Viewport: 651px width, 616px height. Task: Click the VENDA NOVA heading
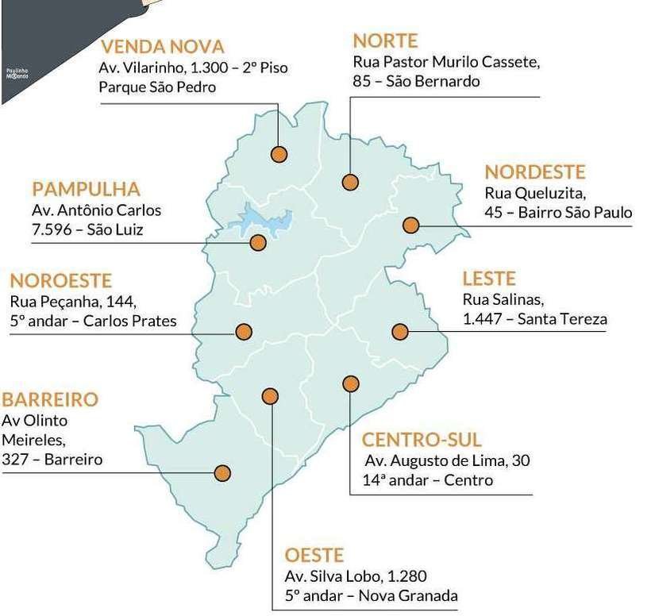coord(162,47)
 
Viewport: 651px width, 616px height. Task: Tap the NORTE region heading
coord(385,40)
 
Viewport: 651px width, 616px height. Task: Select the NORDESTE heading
coord(534,172)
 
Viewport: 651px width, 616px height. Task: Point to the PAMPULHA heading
coord(86,189)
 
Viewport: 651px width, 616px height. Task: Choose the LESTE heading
coord(489,279)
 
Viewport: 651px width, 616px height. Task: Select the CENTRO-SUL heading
coord(422,440)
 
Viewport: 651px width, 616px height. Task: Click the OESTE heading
coord(314,554)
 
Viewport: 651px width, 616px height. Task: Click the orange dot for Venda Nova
coord(279,154)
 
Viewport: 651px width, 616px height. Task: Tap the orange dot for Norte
coord(350,182)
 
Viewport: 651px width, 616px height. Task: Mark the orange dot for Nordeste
coord(410,225)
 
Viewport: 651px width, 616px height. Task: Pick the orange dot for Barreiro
coord(222,473)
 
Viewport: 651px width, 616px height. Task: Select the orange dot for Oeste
coord(271,396)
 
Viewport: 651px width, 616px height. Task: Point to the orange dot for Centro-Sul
coord(350,384)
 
